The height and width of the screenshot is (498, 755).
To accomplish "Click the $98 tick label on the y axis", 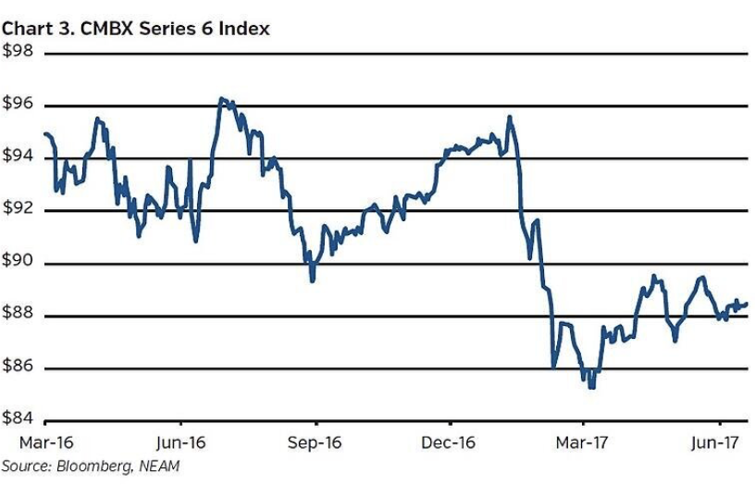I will (18, 53).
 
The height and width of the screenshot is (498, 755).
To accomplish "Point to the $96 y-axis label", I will (18, 105).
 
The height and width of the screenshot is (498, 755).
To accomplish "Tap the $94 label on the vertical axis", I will (18, 157).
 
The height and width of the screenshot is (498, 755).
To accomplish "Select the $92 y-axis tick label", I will (18, 209).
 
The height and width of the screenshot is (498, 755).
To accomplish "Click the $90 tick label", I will (18, 262).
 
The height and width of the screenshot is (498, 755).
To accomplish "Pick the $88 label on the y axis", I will (18, 315).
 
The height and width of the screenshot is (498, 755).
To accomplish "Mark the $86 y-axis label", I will (18, 367).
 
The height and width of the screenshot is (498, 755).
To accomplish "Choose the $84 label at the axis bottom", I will (18, 419).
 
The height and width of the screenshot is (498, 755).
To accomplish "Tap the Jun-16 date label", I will (179, 442).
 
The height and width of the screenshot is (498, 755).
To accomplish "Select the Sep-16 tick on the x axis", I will (314, 442).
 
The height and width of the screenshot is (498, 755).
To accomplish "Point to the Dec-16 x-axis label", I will (448, 442).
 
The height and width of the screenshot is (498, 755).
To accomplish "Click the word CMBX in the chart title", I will (95, 29).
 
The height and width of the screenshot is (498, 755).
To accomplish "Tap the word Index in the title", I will (244, 29).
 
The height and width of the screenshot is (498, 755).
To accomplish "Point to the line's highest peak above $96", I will (221, 98).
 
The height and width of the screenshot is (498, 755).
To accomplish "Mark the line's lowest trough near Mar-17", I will (590, 386).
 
